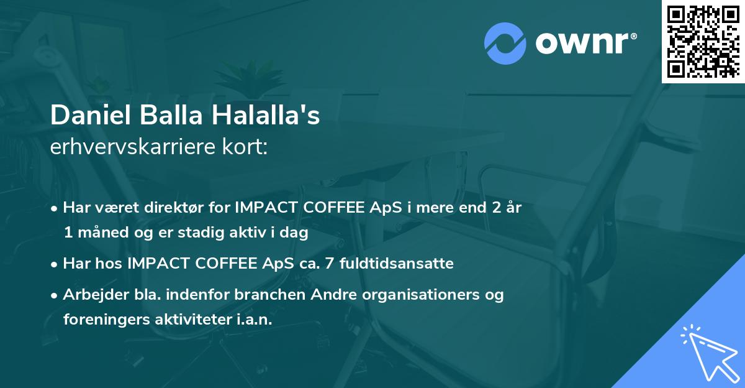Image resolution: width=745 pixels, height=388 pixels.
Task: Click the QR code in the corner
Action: point(702,41)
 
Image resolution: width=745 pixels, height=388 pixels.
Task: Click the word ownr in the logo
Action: point(585,44)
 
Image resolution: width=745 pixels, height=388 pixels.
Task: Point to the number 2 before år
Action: point(496,208)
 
